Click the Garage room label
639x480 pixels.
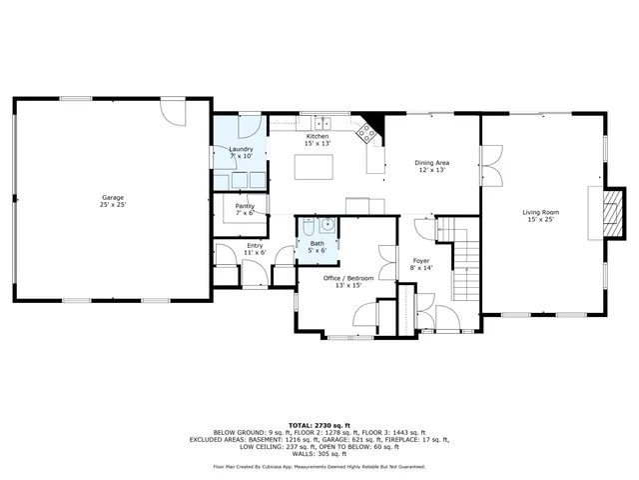point(112,198)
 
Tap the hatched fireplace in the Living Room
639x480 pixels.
point(615,213)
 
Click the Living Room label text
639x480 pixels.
point(540,212)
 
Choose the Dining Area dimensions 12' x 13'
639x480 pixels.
point(431,170)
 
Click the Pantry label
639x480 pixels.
point(245,206)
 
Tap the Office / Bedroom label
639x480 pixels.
point(348,277)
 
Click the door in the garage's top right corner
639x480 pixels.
point(174,110)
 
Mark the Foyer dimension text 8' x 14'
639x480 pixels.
point(420,268)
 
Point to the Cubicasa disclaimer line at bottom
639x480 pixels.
point(319,466)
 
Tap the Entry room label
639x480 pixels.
point(255,245)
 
